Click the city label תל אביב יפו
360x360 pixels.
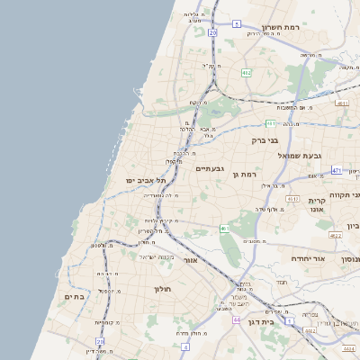(146, 181)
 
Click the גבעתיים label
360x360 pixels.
(210, 168)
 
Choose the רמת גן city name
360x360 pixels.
(245, 174)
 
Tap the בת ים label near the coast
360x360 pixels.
(74, 296)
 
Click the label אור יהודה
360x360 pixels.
(312, 258)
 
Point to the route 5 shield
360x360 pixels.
(237, 23)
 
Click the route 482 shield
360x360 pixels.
(247, 72)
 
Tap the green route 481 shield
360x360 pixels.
(271, 123)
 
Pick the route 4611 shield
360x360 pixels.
(341, 103)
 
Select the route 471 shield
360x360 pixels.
(336, 170)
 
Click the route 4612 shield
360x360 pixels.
(292, 198)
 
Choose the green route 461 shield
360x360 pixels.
(224, 229)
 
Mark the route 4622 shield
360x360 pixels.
(336, 235)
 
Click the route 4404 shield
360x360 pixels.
(310, 331)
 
